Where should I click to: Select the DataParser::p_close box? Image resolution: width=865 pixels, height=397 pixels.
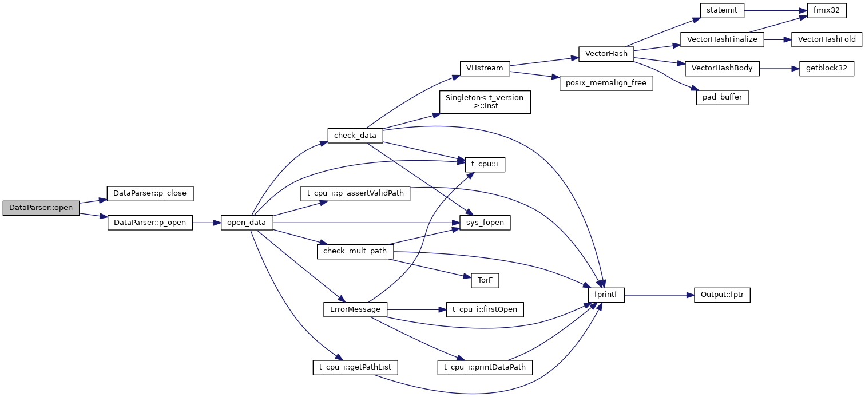150,193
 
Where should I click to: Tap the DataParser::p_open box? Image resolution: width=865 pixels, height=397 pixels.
150,223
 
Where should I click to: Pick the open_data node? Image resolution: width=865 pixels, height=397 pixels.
247,223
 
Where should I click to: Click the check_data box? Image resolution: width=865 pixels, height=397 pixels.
355,136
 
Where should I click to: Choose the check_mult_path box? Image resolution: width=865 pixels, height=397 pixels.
355,251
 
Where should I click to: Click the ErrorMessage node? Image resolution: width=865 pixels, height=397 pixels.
355,309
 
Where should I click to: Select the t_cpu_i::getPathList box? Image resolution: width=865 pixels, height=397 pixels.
355,367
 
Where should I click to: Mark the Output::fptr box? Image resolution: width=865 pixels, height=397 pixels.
722,295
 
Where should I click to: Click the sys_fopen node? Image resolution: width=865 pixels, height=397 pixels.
485,223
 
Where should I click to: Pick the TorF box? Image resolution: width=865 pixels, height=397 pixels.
485,280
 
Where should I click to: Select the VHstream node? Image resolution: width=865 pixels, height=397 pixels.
485,68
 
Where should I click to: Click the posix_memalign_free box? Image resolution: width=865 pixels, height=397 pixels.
606,83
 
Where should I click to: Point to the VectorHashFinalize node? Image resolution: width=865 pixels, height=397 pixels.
722,39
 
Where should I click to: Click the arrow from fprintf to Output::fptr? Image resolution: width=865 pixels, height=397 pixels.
658,295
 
